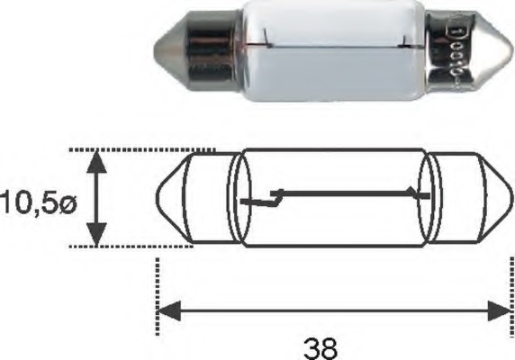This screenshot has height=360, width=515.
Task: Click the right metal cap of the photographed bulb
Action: click(463, 49)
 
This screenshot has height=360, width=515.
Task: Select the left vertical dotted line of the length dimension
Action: click(158, 288)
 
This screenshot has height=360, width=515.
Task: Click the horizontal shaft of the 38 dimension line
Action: click(333, 311)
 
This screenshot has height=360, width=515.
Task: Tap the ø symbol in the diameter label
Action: click(68, 201)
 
